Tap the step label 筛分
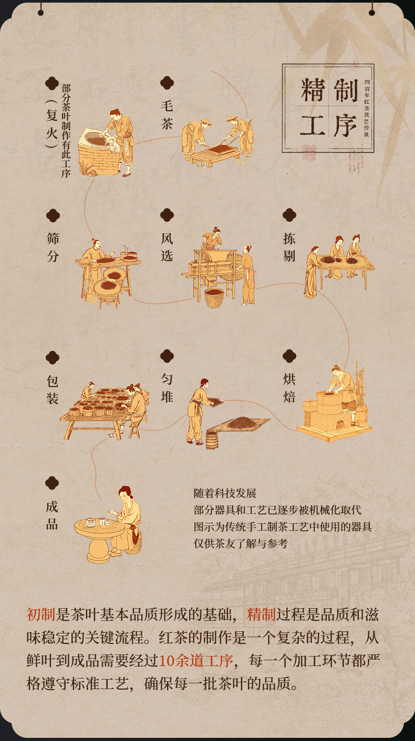tap(53, 247)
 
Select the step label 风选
tap(167, 247)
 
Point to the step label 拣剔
tap(289, 247)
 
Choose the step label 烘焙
tap(289, 388)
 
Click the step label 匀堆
tap(167, 388)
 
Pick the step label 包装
tap(53, 389)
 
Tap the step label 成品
tap(52, 515)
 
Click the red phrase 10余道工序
tap(196, 661)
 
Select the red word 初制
tap(41, 615)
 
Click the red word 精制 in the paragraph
tap(262, 615)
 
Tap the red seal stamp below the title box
tap(308, 153)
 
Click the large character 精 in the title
tap(312, 90)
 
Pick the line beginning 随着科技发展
tap(225, 493)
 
